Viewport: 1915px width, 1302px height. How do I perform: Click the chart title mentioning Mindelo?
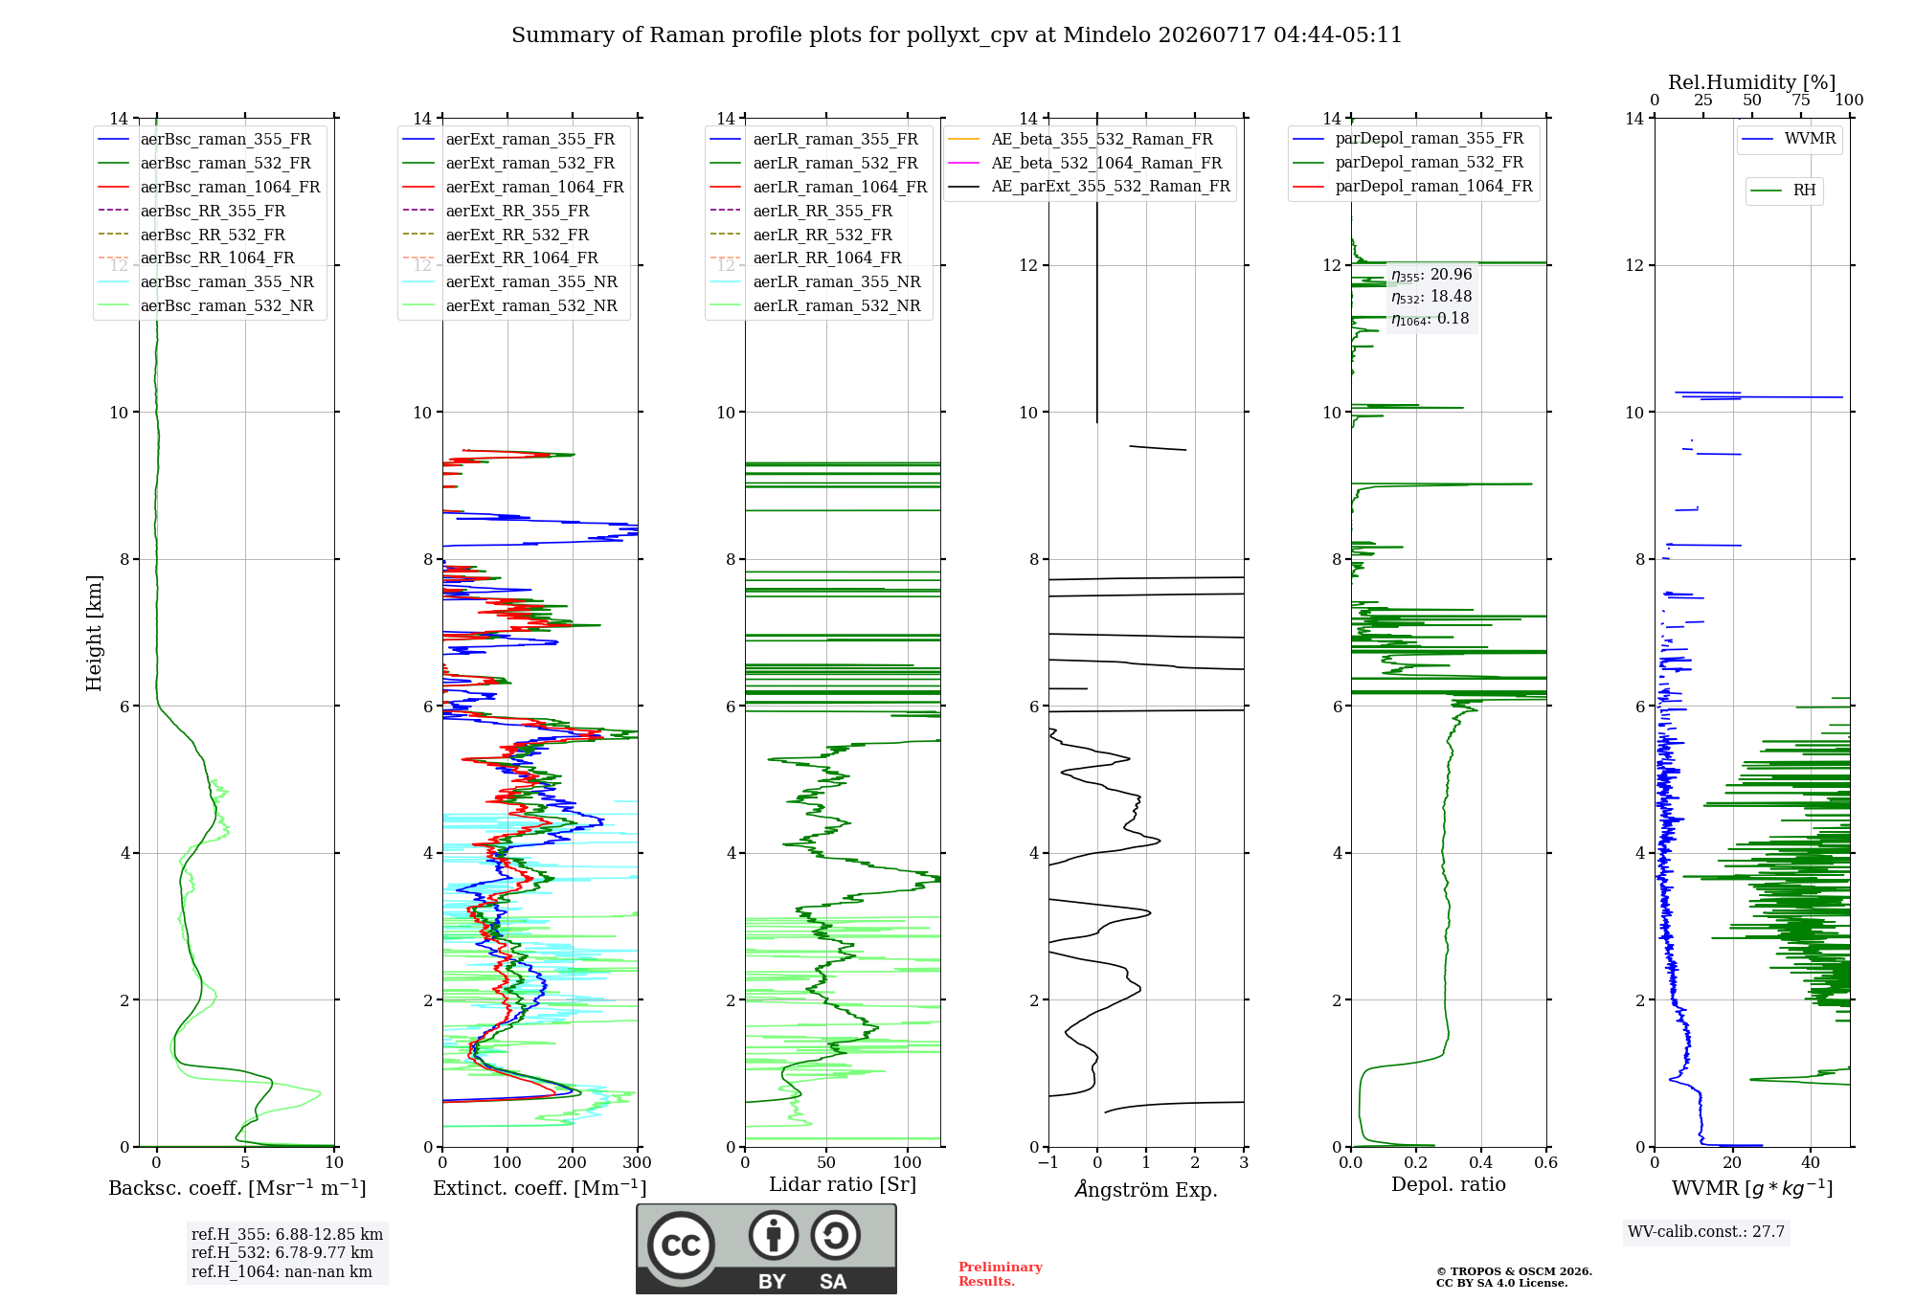pyautogui.click(x=957, y=35)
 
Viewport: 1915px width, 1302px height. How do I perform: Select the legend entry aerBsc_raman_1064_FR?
pyautogui.click(x=230, y=187)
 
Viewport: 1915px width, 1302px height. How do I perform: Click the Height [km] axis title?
pyautogui.click(x=94, y=633)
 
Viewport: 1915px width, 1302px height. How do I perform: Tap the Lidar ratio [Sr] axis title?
pyautogui.click(x=843, y=1184)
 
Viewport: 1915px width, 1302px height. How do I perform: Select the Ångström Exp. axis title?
pyautogui.click(x=1146, y=1189)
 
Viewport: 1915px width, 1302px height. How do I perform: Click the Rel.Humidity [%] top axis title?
pyautogui.click(x=1752, y=82)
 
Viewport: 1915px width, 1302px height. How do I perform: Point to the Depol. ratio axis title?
pyautogui.click(x=1449, y=1184)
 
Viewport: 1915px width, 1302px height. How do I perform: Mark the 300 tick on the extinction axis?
pyautogui.click(x=638, y=1162)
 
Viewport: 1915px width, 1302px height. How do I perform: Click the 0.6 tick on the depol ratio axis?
pyautogui.click(x=1546, y=1162)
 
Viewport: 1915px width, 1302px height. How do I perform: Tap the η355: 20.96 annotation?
pyautogui.click(x=1431, y=275)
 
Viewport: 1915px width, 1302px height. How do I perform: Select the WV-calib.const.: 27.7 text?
pyautogui.click(x=1706, y=1231)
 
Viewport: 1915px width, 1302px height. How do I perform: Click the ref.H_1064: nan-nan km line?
pyautogui.click(x=282, y=1271)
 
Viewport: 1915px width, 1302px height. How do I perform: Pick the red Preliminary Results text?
pyautogui.click(x=1001, y=1274)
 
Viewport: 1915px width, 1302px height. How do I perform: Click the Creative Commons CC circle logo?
pyautogui.click(x=681, y=1246)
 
